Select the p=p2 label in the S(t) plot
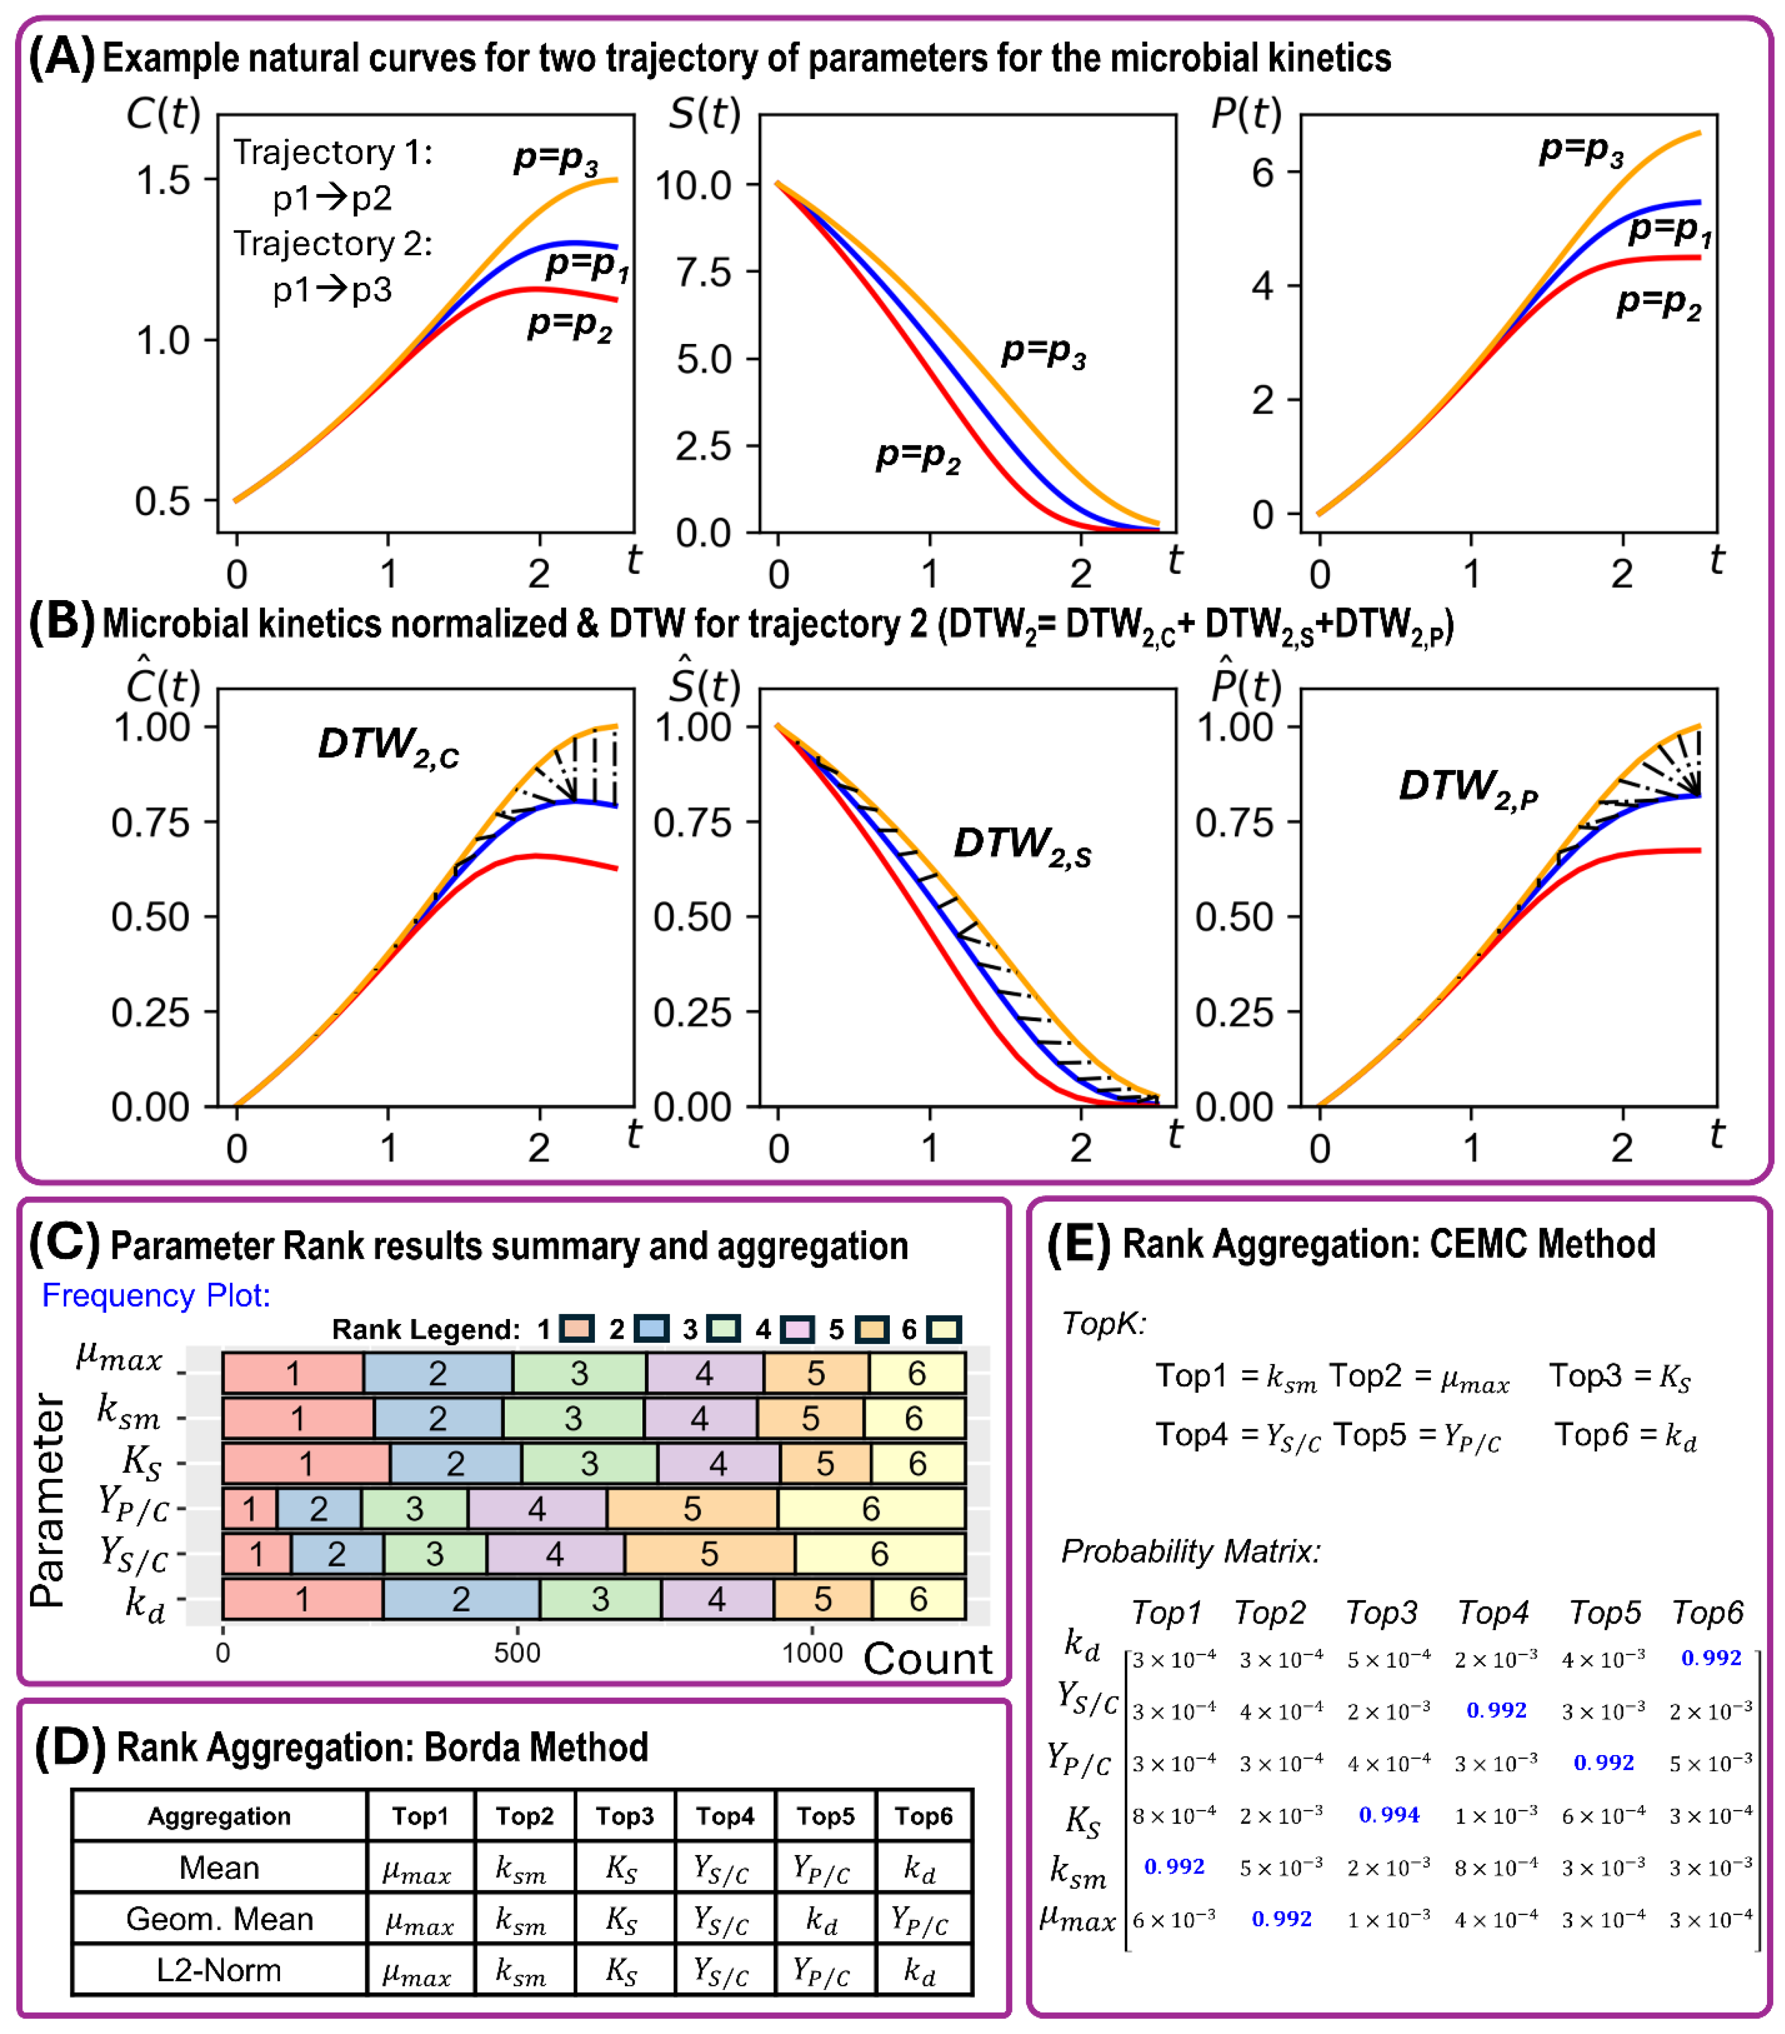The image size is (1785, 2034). [917, 457]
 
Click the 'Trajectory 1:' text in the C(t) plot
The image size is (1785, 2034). [332, 152]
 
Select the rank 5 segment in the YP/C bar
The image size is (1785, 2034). [692, 1509]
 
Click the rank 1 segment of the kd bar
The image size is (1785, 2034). [302, 1599]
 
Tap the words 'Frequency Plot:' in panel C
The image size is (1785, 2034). [155, 1295]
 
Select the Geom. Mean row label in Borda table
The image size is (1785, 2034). [219, 1919]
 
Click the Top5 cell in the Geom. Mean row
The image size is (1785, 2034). [823, 1919]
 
